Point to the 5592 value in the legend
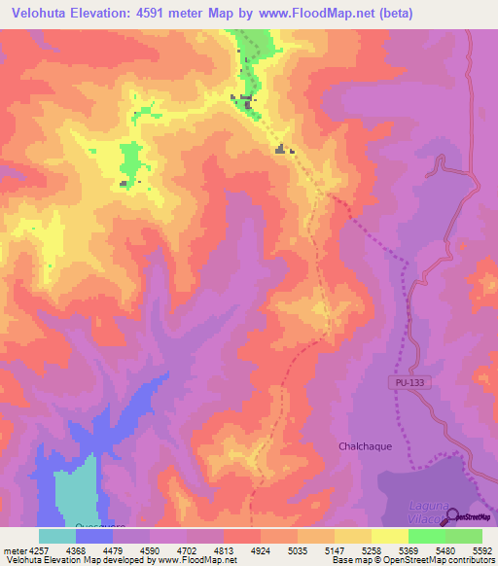tap(483, 549)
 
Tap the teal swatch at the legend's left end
tap(57, 536)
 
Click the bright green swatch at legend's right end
tap(463, 536)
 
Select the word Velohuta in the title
tap(38, 14)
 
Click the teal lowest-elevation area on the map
tap(76, 491)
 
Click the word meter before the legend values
tap(15, 549)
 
